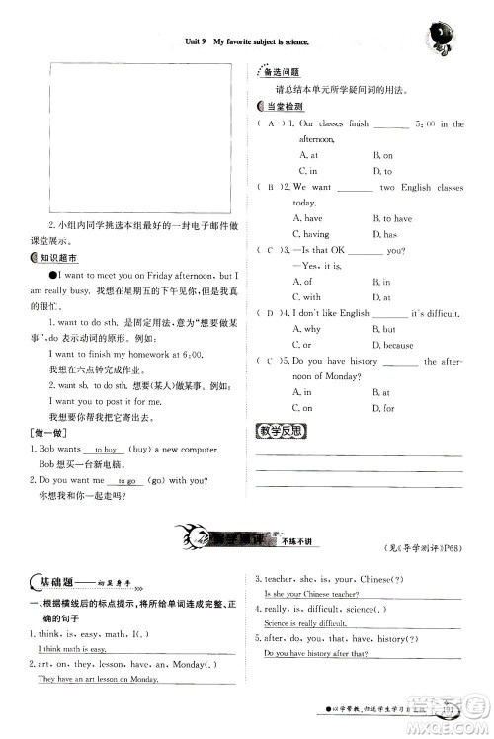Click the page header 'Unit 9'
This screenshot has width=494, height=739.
[200, 43]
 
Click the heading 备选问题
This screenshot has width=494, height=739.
[283, 73]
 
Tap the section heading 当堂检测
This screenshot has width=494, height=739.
[285, 106]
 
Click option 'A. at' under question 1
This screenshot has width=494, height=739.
[307, 155]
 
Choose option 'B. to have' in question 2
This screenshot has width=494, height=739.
[392, 218]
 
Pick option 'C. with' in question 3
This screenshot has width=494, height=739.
[310, 297]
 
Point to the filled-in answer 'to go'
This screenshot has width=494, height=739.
[126, 481]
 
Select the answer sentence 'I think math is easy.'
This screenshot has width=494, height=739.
[71, 649]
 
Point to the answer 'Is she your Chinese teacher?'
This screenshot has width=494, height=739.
[311, 594]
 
